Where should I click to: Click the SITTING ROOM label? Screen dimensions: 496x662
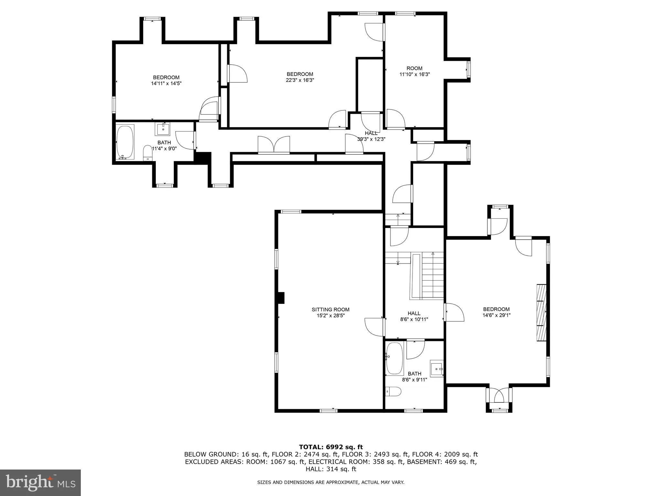pyautogui.click(x=330, y=309)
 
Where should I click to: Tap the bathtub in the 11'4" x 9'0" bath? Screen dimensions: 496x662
pyautogui.click(x=125, y=142)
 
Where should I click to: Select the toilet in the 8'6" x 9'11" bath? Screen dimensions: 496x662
pyautogui.click(x=393, y=392)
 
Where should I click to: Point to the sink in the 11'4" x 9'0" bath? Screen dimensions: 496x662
pyautogui.click(x=163, y=129)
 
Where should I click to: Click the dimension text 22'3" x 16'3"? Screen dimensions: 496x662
pyautogui.click(x=300, y=80)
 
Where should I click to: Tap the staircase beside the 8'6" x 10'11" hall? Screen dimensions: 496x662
pyautogui.click(x=432, y=276)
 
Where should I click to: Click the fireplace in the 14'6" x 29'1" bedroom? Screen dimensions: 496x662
pyautogui.click(x=541, y=312)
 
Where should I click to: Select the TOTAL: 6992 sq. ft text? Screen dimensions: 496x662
pyautogui.click(x=331, y=447)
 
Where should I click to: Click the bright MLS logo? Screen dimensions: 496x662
pyautogui.click(x=40, y=482)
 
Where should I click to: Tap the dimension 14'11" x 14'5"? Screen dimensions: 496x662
pyautogui.click(x=166, y=83)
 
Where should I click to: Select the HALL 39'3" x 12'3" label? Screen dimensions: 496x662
pyautogui.click(x=371, y=136)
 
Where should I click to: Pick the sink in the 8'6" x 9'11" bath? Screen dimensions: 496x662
pyautogui.click(x=437, y=368)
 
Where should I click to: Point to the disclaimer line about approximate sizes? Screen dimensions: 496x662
pyautogui.click(x=331, y=482)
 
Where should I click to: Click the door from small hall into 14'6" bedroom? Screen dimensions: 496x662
pyautogui.click(x=454, y=312)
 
